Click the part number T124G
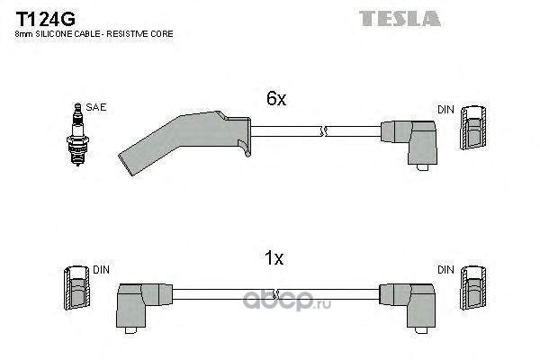[x=46, y=19]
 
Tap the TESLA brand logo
[x=400, y=19]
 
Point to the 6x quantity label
[x=276, y=98]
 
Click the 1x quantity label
[x=274, y=257]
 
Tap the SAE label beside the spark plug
[x=96, y=107]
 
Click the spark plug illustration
[x=77, y=134]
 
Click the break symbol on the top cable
[x=323, y=131]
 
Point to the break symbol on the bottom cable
[x=274, y=294]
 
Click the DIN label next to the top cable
[x=445, y=110]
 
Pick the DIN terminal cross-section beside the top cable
[x=473, y=128]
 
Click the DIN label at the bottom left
[x=101, y=270]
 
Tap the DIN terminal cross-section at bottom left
[x=76, y=288]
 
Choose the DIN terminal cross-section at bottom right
[x=473, y=288]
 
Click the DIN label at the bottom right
[x=445, y=270]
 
